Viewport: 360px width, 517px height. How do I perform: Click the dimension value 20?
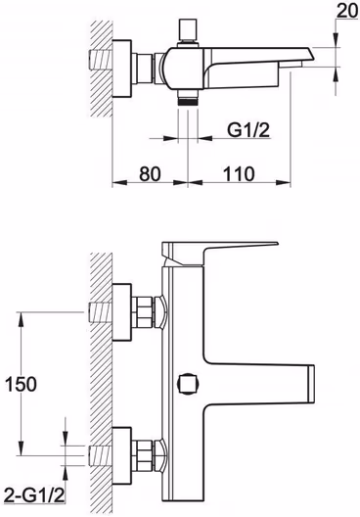click(x=348, y=11)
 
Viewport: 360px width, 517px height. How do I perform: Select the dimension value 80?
click(x=150, y=173)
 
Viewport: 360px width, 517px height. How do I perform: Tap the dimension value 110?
click(x=239, y=173)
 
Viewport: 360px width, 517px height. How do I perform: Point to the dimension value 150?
click(x=22, y=385)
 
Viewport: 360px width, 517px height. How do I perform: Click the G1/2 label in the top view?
click(x=248, y=130)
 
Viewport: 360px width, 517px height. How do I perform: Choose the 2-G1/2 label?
click(x=34, y=494)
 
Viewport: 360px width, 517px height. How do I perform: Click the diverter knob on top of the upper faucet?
click(x=188, y=30)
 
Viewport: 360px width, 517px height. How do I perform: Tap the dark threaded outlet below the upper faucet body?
click(x=188, y=98)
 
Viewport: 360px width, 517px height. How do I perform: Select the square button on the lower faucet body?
click(x=189, y=384)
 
